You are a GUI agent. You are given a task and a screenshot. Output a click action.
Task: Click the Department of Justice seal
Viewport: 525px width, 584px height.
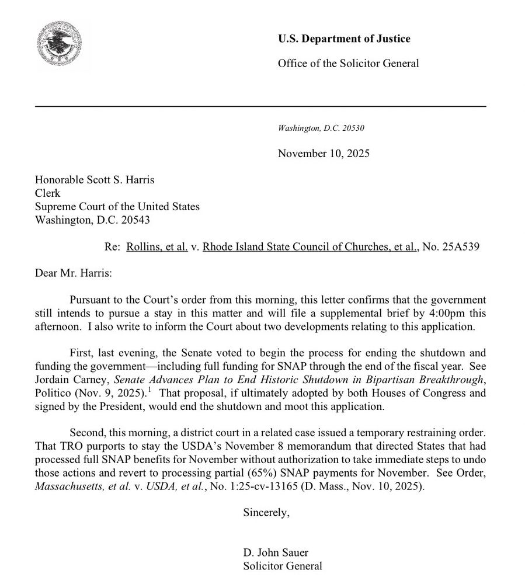[x=59, y=43]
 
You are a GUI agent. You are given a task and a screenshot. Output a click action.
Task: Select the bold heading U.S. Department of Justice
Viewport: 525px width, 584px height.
[x=343, y=39]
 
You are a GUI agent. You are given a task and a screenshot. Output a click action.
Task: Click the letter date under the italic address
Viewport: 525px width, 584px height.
[x=324, y=154]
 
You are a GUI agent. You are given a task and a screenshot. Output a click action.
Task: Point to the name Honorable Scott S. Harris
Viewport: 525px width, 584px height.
[x=95, y=180]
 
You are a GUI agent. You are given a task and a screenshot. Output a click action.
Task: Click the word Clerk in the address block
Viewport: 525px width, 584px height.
[x=48, y=193]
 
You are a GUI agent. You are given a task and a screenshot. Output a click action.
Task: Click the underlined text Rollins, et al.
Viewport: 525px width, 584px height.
[x=157, y=247]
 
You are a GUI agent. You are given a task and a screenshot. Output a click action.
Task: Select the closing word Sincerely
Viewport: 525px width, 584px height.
[x=266, y=513]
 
